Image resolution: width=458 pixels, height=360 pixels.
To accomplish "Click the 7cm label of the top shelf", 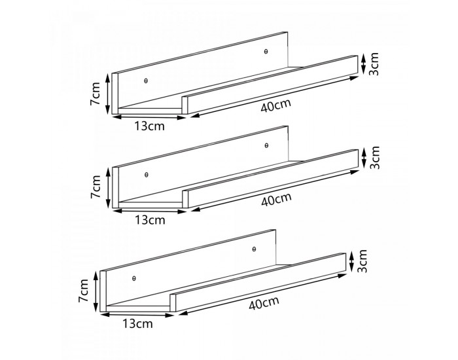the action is pos(96,94).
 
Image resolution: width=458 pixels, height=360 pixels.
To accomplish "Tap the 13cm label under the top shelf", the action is pos(150,126).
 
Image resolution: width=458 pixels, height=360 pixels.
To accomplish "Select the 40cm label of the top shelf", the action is pos(275,106).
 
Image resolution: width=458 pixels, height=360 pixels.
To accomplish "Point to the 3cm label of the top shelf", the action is pos(374,64).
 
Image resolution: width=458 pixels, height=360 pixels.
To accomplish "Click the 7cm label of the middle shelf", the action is pos(96,187).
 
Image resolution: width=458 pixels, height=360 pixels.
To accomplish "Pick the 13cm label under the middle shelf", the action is pos(150,220).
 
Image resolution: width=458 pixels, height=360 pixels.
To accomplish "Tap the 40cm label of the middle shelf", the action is pos(276,200).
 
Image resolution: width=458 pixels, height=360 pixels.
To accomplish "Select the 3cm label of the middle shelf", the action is pos(374,158).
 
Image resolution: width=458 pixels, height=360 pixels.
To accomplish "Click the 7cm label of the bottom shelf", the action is pos(83,291).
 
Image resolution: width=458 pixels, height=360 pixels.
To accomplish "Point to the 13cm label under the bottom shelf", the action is pos(137,324).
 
